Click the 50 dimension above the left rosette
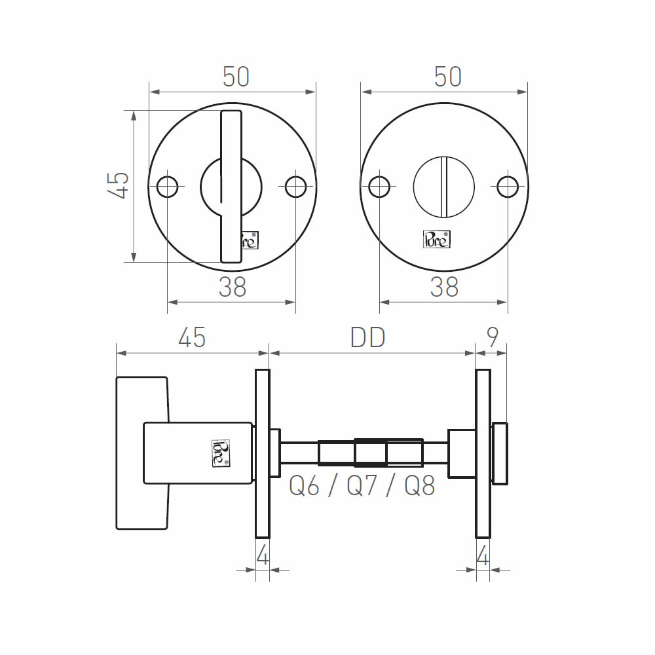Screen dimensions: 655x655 coord(236,77)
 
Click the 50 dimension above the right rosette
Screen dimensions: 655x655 coord(448,77)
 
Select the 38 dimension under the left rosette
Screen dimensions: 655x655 coord(233,287)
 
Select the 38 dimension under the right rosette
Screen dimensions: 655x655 coord(444,287)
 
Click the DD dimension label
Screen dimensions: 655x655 coord(367,337)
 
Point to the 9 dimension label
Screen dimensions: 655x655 coord(493,337)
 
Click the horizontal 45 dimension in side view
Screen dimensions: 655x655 coord(192,337)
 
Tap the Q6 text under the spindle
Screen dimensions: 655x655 coord(304,486)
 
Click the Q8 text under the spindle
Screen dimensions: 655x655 coord(420,486)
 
